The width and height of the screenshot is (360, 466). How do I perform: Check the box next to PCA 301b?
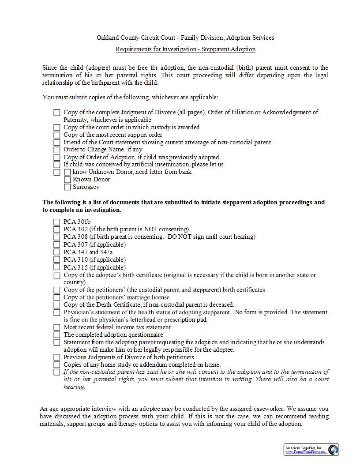click(x=57, y=222)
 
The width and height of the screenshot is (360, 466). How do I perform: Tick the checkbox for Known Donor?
click(x=67, y=180)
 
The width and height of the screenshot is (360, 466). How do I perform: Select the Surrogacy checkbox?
click(x=67, y=187)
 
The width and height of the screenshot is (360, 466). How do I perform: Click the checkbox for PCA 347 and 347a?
click(x=57, y=252)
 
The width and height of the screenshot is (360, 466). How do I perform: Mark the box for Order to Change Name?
click(x=57, y=150)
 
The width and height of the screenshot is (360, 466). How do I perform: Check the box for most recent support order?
click(x=57, y=135)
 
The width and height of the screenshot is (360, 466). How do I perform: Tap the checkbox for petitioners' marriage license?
click(x=57, y=297)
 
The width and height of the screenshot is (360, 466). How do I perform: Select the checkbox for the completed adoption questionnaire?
click(x=57, y=335)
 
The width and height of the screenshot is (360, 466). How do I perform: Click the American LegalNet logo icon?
click(x=334, y=450)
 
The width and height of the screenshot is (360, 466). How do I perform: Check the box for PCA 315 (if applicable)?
click(x=57, y=267)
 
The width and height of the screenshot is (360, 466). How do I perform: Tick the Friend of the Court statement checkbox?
click(x=57, y=143)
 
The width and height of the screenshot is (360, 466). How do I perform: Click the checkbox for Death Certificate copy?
click(x=57, y=305)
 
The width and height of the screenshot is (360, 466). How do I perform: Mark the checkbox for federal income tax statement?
click(x=57, y=327)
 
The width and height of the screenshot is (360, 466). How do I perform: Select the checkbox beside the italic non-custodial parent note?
click(x=57, y=372)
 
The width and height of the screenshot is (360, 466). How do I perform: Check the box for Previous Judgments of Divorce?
click(x=57, y=357)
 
